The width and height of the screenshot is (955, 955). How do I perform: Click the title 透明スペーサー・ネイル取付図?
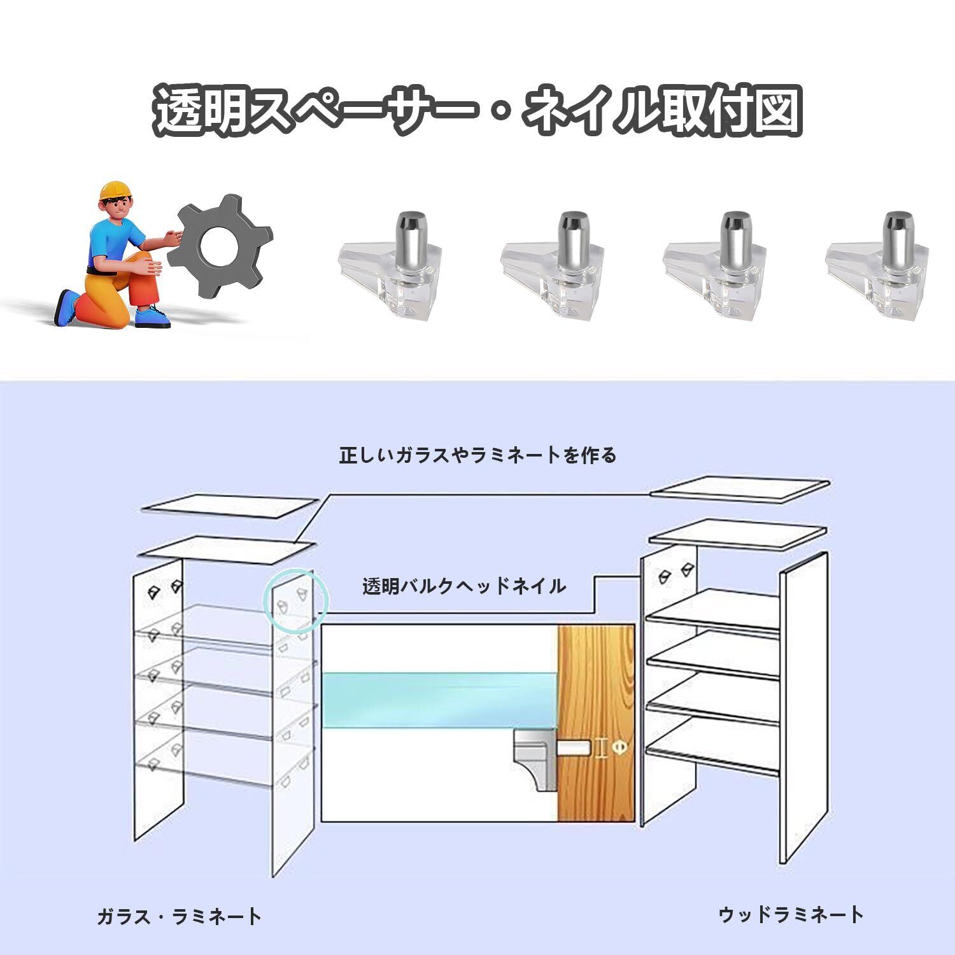pyautogui.click(x=478, y=110)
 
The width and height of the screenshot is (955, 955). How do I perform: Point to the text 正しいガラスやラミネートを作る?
pyautogui.click(x=478, y=456)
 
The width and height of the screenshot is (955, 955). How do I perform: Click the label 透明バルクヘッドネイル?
pyautogui.click(x=464, y=586)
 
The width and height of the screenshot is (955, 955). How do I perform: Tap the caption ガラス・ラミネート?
pyautogui.click(x=179, y=917)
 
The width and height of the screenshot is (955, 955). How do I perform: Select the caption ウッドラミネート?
pyautogui.click(x=791, y=915)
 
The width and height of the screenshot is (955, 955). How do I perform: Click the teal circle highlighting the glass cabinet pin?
pyautogui.click(x=295, y=602)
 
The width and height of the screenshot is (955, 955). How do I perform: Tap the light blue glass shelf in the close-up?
pyautogui.click(x=439, y=700)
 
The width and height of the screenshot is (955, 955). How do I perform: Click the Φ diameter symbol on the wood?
pyautogui.click(x=618, y=748)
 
